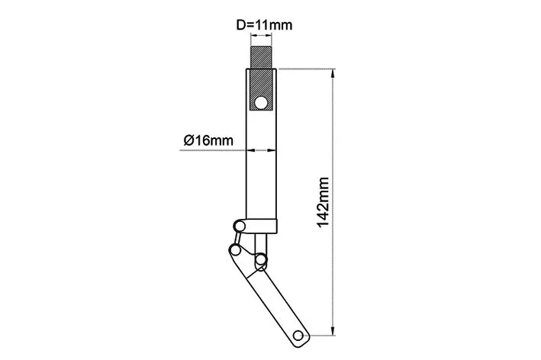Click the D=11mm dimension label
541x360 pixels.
click(264, 25)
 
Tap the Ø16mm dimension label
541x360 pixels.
click(208, 140)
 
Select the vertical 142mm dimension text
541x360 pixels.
click(323, 203)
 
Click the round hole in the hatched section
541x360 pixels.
click(261, 103)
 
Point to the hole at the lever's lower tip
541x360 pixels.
click(298, 335)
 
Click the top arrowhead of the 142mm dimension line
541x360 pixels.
click(333, 73)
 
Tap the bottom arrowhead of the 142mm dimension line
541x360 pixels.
click(333, 331)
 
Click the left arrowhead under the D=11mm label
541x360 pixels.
click(254, 35)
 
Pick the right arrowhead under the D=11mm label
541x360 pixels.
click(269, 35)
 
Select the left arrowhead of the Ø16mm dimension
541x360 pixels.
click(250, 150)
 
